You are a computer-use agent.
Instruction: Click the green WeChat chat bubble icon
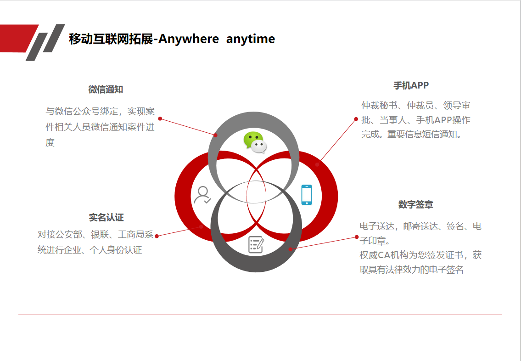coord(255,142)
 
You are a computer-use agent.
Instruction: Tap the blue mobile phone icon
coord(307,195)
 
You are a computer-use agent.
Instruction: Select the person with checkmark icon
coord(202,195)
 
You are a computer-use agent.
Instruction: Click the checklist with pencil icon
coord(256,245)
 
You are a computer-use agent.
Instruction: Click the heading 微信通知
coord(106,90)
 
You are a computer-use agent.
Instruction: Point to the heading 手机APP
coord(411,85)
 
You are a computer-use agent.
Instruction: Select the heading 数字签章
coord(416,204)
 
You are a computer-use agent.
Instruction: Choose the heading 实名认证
coord(106,217)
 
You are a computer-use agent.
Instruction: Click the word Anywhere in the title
coord(188,39)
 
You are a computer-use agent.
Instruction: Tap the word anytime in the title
coord(251,39)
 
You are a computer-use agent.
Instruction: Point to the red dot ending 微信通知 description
coord(160,118)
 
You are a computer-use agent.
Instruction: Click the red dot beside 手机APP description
coord(356,119)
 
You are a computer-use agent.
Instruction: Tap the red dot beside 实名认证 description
coord(157,236)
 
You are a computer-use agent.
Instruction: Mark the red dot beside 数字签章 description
coord(357,237)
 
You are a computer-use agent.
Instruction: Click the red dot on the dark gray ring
coord(291,249)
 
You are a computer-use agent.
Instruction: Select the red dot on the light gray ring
coord(216,135)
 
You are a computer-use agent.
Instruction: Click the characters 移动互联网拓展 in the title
coord(111,39)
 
